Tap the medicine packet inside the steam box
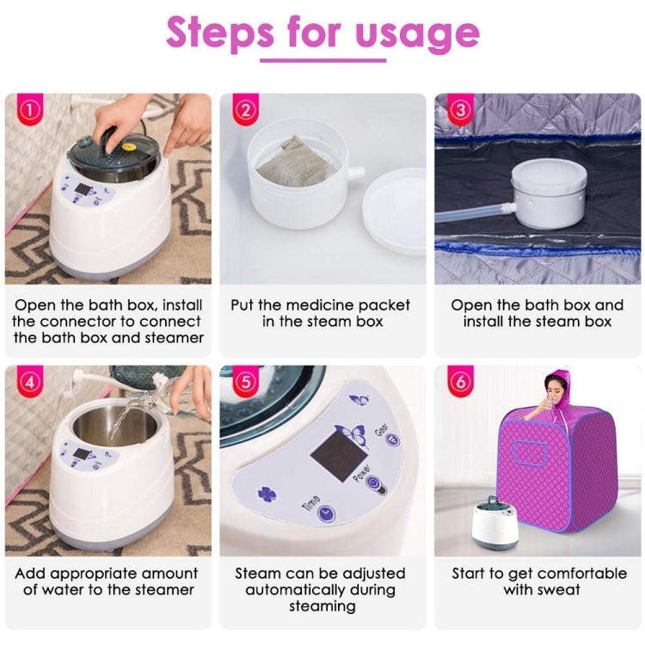297,163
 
